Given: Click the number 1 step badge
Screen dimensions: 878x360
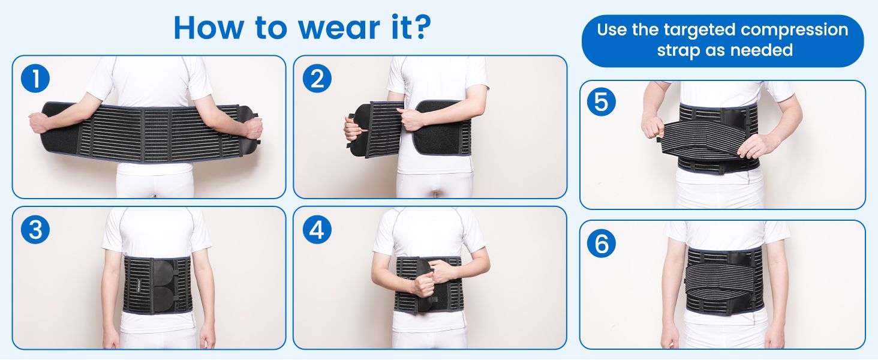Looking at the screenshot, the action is point(35,79).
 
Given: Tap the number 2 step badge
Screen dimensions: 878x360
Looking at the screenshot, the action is point(317,79).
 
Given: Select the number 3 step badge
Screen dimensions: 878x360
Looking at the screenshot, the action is point(35,229).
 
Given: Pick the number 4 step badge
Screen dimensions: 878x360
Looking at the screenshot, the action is point(317,229).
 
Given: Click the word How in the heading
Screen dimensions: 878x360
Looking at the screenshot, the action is point(208,28).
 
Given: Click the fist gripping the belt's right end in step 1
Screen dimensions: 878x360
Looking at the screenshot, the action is point(253,128).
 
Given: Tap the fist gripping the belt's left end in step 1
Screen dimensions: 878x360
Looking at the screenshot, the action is point(38,122).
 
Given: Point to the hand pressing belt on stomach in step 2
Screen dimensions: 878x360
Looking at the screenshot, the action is point(410,119).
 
